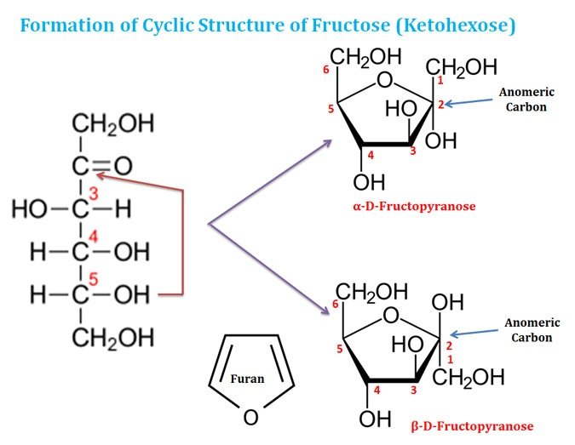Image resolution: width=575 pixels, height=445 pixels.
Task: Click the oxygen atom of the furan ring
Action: (x=250, y=417)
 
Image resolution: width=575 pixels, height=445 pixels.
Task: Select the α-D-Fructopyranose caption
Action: (x=413, y=206)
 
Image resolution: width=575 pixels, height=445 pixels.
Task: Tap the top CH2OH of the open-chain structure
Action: (x=112, y=124)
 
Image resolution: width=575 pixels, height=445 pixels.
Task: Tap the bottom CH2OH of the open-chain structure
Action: (x=112, y=339)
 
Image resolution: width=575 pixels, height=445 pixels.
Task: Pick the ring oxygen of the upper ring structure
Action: (x=384, y=81)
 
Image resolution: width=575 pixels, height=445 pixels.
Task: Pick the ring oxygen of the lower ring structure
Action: (x=390, y=317)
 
